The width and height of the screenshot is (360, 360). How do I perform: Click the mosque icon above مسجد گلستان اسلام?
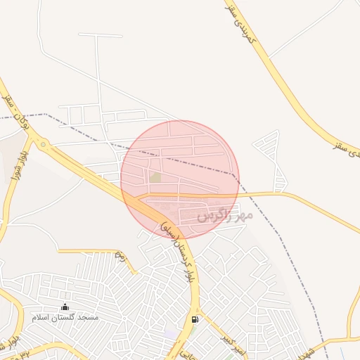tap(65, 307)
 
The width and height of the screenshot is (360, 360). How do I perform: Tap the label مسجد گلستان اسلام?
tap(65, 318)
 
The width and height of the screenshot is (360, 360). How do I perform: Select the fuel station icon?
tap(195, 319)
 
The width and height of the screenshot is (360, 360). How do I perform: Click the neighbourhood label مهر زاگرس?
tap(224, 214)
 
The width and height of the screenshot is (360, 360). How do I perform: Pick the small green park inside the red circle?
tap(155, 177)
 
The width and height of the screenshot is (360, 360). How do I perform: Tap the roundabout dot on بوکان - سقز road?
tap(44, 145)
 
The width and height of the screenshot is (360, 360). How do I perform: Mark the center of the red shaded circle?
tap(180, 180)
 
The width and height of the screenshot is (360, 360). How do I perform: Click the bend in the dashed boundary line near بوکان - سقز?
tap(46, 114)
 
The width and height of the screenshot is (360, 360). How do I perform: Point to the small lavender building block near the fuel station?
tap(171, 333)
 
